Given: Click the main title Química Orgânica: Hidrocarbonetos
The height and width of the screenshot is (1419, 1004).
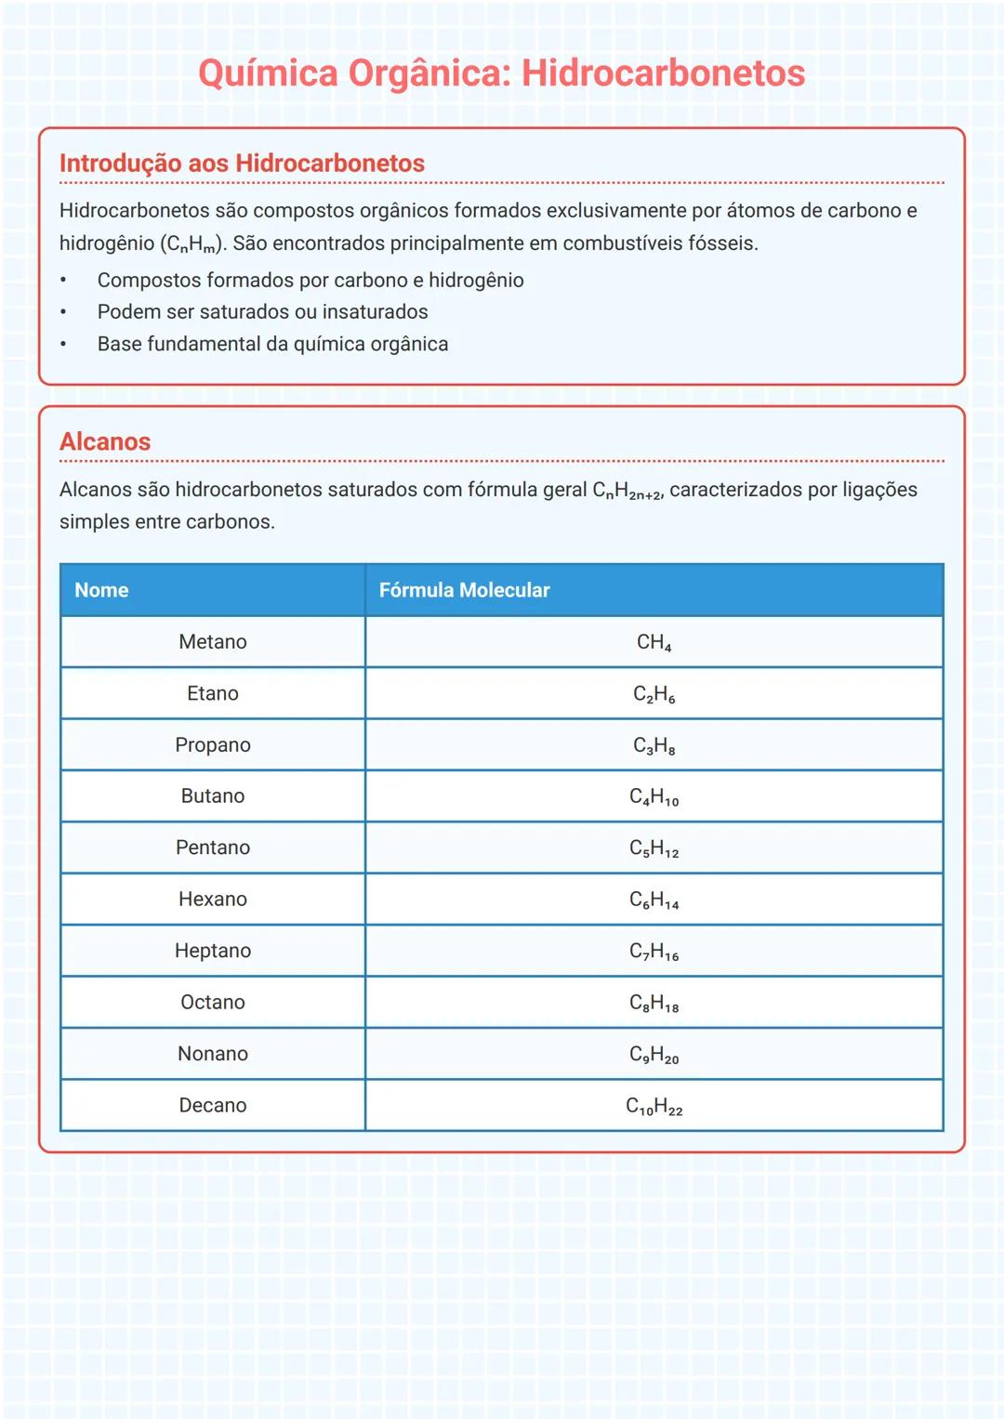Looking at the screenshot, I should tap(501, 73).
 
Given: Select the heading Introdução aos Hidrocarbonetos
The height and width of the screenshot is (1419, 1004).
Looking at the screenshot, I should tap(242, 164).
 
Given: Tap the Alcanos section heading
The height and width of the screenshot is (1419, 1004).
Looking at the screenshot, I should tap(105, 441).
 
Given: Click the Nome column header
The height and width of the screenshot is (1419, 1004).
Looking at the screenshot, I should tap(101, 590).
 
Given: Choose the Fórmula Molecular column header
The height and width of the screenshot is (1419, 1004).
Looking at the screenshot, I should tap(464, 590).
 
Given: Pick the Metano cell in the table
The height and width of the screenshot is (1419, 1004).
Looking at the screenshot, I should tap(213, 642).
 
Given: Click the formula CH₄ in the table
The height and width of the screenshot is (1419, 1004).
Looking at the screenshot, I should tap(654, 643).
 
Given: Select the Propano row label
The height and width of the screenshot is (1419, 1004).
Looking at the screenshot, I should tap(213, 745).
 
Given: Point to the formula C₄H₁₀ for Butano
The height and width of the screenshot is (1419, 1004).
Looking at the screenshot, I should tap(654, 797).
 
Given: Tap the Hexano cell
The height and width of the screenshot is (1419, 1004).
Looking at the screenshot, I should tap(213, 900).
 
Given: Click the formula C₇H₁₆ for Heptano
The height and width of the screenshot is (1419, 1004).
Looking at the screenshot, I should tap(654, 952).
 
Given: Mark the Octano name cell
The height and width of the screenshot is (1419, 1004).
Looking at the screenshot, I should tap(213, 1003).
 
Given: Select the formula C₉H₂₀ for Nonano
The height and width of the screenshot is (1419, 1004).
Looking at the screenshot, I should tap(654, 1055).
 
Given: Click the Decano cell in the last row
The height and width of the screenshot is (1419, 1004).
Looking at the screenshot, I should tap(213, 1106).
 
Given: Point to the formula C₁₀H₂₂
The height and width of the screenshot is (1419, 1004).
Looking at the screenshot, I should tap(654, 1107).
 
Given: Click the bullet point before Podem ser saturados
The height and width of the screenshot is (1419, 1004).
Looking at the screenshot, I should tap(63, 312).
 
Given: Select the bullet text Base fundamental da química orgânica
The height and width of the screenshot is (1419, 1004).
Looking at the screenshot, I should tap(272, 344).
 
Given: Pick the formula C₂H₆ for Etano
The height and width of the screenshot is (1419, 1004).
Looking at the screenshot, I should tap(654, 694).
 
